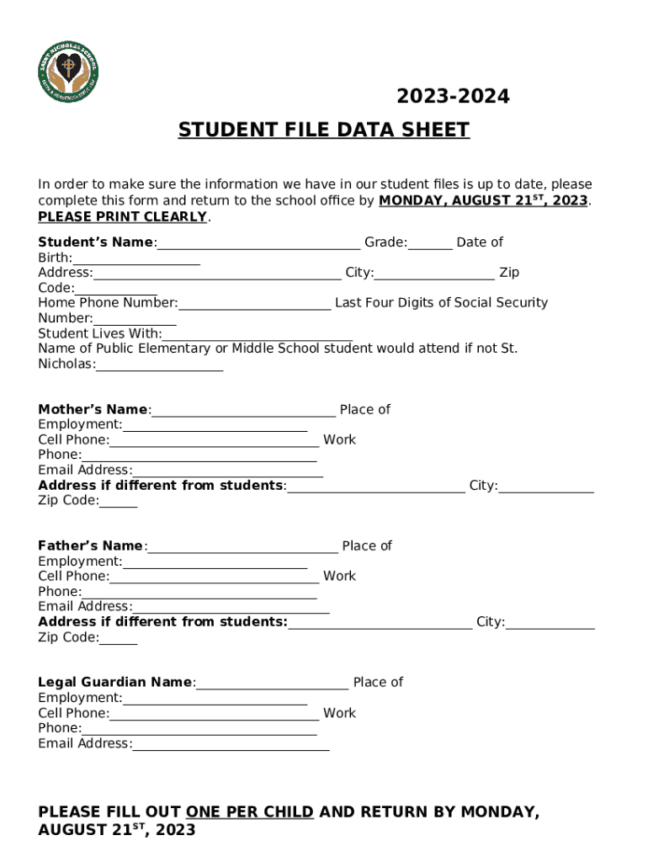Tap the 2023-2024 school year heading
point(453,97)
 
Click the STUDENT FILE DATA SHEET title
point(323,130)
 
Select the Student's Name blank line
point(258,244)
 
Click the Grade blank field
point(430,244)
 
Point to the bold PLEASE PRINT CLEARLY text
point(123,216)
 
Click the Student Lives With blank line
point(258,335)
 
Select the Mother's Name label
point(93,410)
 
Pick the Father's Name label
point(90,546)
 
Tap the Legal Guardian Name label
point(115,683)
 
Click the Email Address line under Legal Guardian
point(231,745)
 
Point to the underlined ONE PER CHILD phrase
point(250,812)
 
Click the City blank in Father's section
point(550,624)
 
